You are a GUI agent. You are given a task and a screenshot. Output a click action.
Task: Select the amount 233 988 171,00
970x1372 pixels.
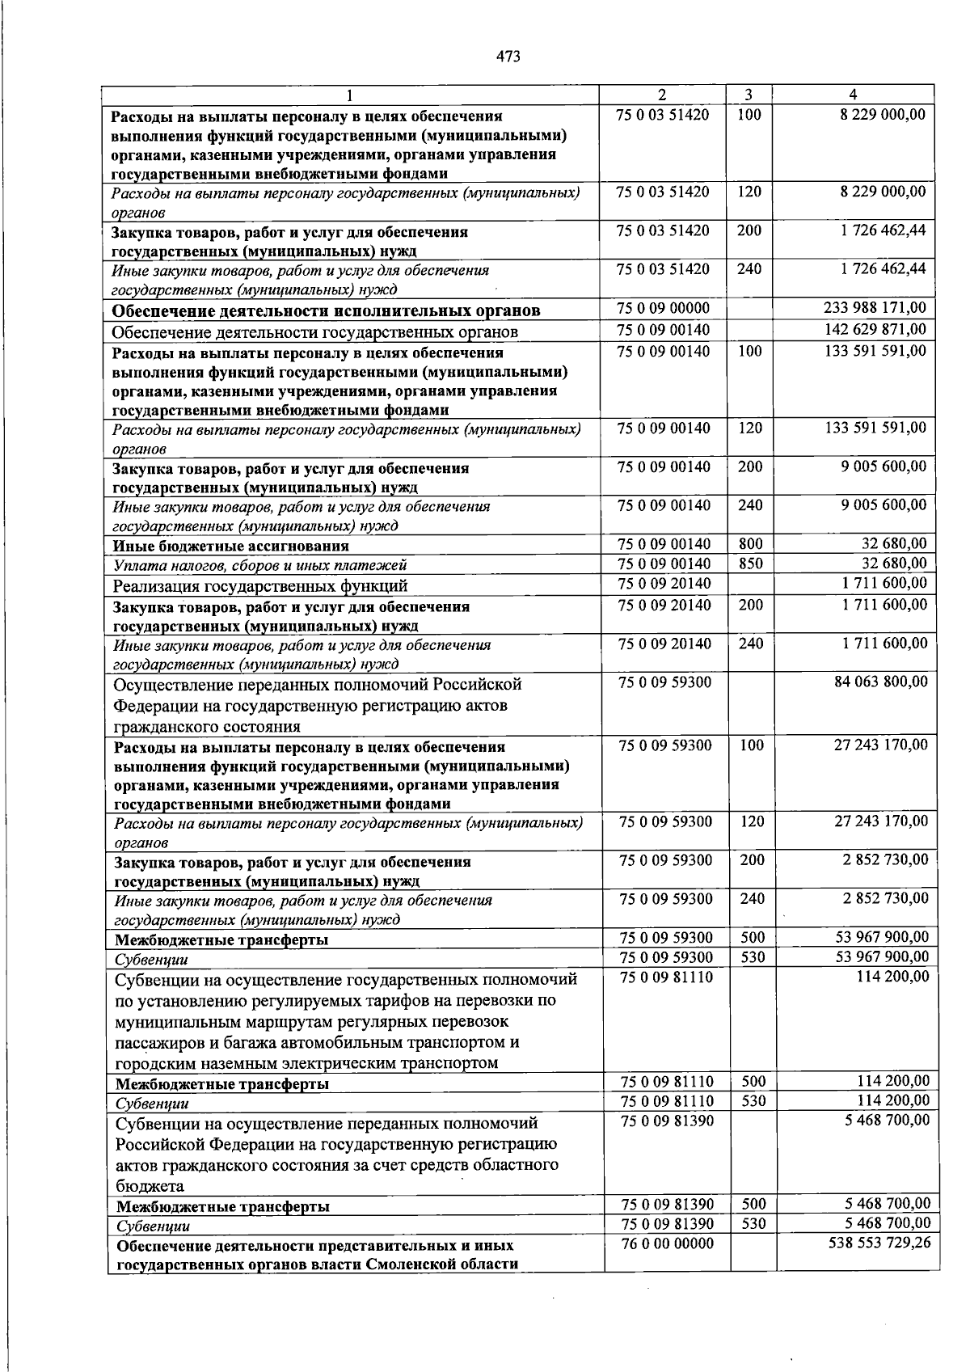pos(875,307)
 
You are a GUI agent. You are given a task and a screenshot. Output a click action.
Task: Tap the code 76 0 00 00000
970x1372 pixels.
pos(666,1243)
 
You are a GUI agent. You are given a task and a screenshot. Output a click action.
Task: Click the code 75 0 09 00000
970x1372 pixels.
pos(663,307)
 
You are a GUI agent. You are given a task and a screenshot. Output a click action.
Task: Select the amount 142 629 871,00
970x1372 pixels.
pos(875,329)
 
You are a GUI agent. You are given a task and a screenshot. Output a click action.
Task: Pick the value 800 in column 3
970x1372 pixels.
pos(750,544)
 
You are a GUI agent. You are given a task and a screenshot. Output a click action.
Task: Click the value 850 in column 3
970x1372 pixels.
pos(750,564)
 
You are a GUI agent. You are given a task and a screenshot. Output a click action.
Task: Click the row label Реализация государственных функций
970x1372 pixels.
pos(259,585)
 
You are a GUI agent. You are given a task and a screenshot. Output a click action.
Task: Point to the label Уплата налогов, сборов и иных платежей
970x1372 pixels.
pos(259,565)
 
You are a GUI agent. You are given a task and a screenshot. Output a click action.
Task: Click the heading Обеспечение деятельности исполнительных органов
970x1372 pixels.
pos(326,310)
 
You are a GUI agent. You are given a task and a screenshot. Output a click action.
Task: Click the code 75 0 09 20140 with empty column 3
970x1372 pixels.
pos(664,583)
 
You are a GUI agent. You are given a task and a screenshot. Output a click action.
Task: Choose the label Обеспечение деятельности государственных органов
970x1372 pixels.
pos(314,332)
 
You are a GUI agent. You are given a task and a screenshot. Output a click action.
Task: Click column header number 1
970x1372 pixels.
pos(351,94)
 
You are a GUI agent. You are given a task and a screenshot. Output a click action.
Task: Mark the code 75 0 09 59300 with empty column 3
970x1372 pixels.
pos(664,682)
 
